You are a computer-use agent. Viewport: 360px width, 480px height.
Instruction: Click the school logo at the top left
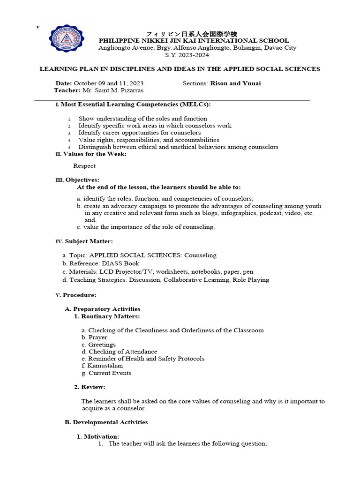pyautogui.click(x=70, y=42)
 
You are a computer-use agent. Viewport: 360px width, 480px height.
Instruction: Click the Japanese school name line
pyautogui.click(x=192, y=34)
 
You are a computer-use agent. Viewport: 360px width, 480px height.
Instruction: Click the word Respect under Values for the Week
pyautogui.click(x=84, y=165)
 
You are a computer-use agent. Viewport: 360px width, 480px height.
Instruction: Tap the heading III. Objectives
pyautogui.click(x=77, y=180)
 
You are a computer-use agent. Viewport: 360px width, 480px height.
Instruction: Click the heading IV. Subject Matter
pyautogui.click(x=84, y=241)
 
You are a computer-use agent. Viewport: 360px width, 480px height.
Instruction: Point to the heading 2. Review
pyautogui.click(x=90, y=387)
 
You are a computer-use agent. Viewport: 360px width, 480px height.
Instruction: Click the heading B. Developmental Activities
pyautogui.click(x=106, y=422)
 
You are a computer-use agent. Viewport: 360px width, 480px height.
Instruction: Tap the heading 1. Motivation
pyautogui.click(x=97, y=436)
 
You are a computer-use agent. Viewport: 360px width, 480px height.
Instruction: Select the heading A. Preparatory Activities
pyautogui.click(x=102, y=309)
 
